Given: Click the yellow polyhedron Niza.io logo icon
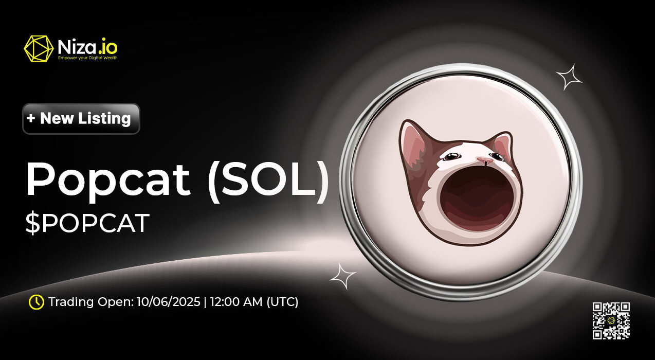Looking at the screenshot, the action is (39, 48).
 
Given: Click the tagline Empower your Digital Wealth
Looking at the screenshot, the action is (88, 58).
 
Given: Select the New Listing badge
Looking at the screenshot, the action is (81, 119).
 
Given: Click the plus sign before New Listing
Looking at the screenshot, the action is (31, 118).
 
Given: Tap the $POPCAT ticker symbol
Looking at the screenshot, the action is (87, 223).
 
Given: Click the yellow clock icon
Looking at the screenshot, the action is (37, 302).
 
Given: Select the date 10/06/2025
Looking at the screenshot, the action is (168, 302).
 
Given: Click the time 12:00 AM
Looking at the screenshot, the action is (236, 302).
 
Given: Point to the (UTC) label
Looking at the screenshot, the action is (282, 302).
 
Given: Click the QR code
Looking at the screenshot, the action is (611, 321).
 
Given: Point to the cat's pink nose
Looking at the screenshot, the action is (485, 159).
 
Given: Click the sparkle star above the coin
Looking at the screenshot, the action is (569, 77).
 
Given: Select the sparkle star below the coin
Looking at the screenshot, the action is (342, 276).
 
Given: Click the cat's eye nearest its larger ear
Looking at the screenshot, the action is (452, 156).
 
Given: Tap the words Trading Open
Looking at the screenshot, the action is (91, 302).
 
